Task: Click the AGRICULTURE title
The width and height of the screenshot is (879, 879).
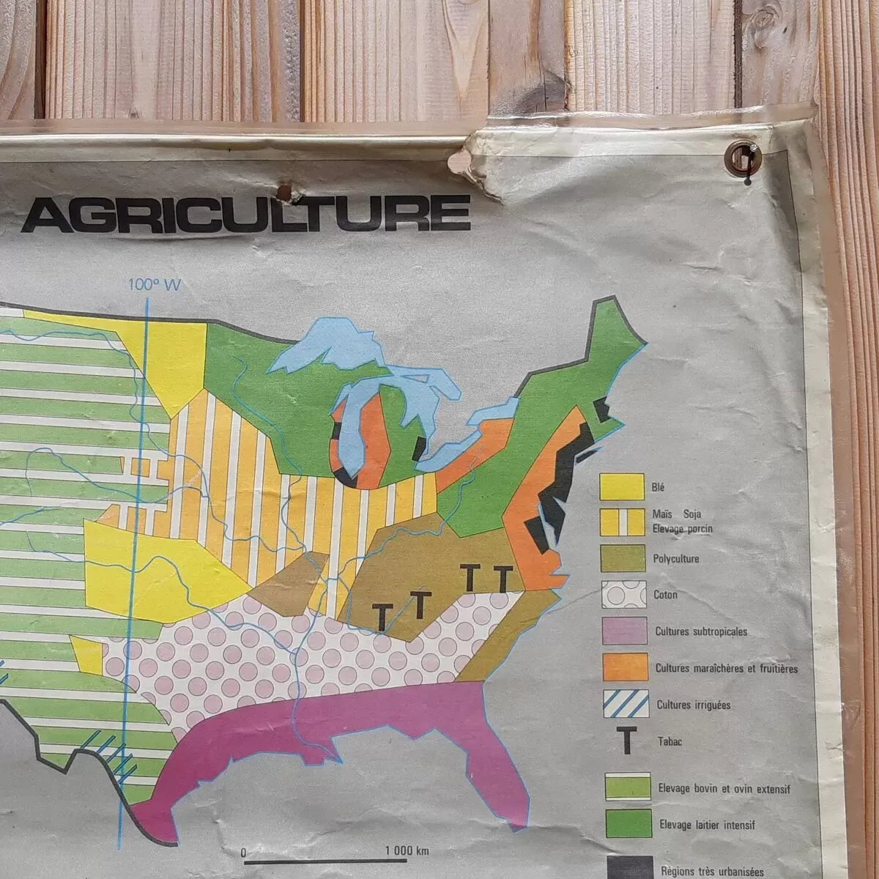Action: coord(246,212)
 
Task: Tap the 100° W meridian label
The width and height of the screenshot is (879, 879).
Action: coord(154,285)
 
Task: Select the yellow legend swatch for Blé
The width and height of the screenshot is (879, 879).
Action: coord(621,486)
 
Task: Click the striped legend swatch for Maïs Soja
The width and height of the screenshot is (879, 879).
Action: coord(622,522)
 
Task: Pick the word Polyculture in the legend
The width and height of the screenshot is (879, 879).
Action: coord(675,559)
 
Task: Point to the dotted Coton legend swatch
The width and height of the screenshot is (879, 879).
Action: coord(624,594)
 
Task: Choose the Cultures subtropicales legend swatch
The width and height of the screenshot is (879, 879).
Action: coord(624,631)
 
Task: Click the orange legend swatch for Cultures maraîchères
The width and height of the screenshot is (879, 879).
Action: coord(625,667)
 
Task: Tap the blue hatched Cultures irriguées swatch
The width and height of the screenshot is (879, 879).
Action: coord(626,704)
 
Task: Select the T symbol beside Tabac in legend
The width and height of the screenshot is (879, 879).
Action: coord(626,741)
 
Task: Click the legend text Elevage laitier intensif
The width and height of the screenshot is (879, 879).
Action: coord(708,825)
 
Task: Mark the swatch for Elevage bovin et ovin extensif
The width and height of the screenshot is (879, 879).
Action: coord(628,786)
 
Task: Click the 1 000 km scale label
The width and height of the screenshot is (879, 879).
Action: coord(407,850)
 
